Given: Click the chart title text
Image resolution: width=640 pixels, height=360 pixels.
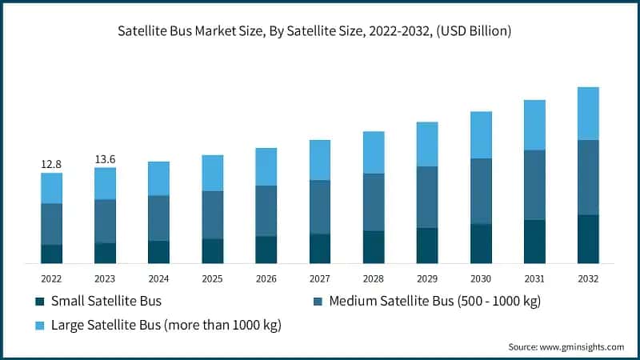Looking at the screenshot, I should [320, 31].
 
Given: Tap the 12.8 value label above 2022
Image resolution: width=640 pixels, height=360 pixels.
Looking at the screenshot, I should [51, 164].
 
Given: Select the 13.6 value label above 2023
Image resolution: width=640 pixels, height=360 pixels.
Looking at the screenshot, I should [105, 158].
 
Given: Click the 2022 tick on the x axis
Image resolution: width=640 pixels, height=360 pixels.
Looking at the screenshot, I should [51, 278].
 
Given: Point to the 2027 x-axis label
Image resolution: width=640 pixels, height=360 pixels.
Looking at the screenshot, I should [320, 278].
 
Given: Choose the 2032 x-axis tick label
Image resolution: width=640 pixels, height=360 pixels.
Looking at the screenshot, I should [588, 278].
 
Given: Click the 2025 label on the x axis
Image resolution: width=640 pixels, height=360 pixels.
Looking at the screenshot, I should [212, 278].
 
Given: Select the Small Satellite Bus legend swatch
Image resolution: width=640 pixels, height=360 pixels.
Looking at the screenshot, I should [40, 302].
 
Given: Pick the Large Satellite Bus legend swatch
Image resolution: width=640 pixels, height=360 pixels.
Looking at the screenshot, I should [40, 326].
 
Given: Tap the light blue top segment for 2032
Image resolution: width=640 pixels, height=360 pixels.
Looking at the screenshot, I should [588, 114].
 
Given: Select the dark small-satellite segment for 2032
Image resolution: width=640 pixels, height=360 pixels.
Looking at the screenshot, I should [588, 238].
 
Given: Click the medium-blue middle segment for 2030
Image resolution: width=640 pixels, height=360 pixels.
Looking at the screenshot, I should [481, 191].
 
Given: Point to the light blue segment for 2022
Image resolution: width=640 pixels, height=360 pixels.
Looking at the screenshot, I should [51, 188].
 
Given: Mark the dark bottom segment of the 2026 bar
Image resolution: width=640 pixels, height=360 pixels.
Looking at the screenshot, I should [266, 250].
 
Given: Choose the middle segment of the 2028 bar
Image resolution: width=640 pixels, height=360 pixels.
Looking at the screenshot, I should [374, 202].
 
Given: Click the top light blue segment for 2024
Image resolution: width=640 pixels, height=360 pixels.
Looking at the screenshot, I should [158, 178].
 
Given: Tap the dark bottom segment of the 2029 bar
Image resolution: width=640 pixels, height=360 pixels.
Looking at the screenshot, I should [427, 246].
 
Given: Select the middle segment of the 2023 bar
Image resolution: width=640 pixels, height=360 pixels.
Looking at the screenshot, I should [105, 221].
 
